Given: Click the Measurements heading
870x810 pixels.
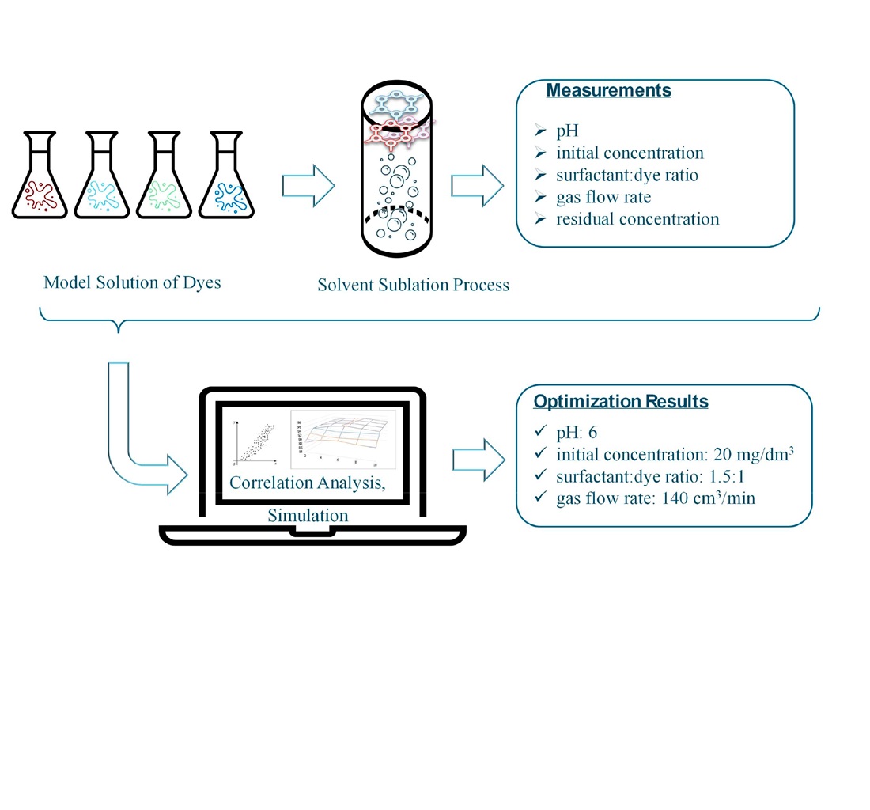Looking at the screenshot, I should pyautogui.click(x=608, y=90).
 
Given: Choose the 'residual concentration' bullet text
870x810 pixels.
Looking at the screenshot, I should pyautogui.click(x=637, y=219).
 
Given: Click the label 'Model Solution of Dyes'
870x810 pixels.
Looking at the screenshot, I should pyautogui.click(x=132, y=282).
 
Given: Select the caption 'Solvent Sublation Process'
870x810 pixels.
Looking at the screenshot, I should pyautogui.click(x=414, y=284).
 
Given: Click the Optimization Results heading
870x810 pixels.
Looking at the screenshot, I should pyautogui.click(x=621, y=402).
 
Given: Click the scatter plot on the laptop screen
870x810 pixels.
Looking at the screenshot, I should pyautogui.click(x=255, y=440).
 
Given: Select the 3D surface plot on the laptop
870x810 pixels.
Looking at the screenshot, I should pyautogui.click(x=339, y=437).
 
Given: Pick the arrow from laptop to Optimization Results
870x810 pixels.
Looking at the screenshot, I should pyautogui.click(x=478, y=461).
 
